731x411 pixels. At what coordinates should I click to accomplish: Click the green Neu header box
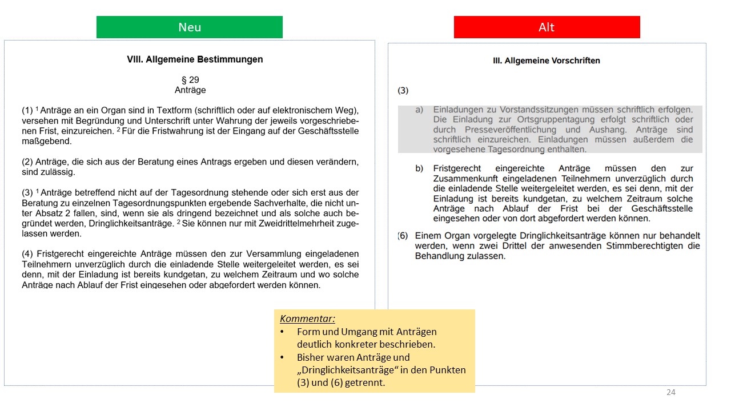190,27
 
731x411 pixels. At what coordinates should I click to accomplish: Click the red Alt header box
547,27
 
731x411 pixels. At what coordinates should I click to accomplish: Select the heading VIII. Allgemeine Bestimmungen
195,59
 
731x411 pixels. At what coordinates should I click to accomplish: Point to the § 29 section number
190,80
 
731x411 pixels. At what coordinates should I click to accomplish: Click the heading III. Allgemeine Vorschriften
547,61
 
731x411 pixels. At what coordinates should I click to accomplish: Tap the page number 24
671,392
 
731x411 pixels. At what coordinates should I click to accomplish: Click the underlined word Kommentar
307,319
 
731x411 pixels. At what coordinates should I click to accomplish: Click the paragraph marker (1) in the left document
27,111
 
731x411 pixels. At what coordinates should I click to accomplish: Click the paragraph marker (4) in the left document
27,253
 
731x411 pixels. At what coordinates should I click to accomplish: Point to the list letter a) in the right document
419,110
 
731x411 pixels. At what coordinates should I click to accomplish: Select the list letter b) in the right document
419,169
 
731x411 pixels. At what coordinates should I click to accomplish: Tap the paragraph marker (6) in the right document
403,236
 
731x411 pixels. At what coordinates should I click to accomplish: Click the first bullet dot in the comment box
283,332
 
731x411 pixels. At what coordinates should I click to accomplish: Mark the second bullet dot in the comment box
283,357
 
